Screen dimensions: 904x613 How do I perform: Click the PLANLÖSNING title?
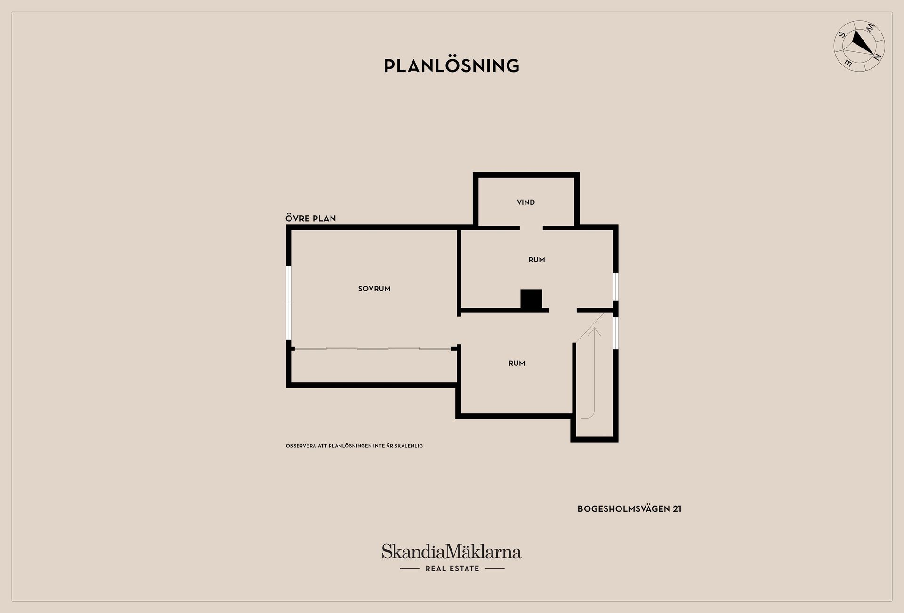coord(452,65)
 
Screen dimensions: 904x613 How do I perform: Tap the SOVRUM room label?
coord(374,289)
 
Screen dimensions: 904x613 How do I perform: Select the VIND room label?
coord(526,202)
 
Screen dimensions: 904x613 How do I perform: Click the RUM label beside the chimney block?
coord(537,259)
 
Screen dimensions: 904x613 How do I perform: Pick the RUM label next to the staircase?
coord(517,363)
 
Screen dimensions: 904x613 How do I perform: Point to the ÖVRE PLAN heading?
coord(311,218)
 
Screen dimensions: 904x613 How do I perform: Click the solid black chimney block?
coord(531,299)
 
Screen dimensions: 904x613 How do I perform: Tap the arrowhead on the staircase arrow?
coord(596,331)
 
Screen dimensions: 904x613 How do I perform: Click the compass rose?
coord(859,46)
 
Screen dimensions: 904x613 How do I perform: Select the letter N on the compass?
coord(877,57)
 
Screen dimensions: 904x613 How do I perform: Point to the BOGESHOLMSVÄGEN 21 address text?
coord(630,508)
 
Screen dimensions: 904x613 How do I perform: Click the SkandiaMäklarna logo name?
coord(452,551)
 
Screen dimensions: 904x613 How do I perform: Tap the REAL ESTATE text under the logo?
coord(452,568)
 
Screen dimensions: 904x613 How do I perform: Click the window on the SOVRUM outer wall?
coord(289,303)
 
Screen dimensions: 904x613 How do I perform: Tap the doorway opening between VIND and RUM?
coord(531,228)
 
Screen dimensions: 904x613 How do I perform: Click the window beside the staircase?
coord(615,333)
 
